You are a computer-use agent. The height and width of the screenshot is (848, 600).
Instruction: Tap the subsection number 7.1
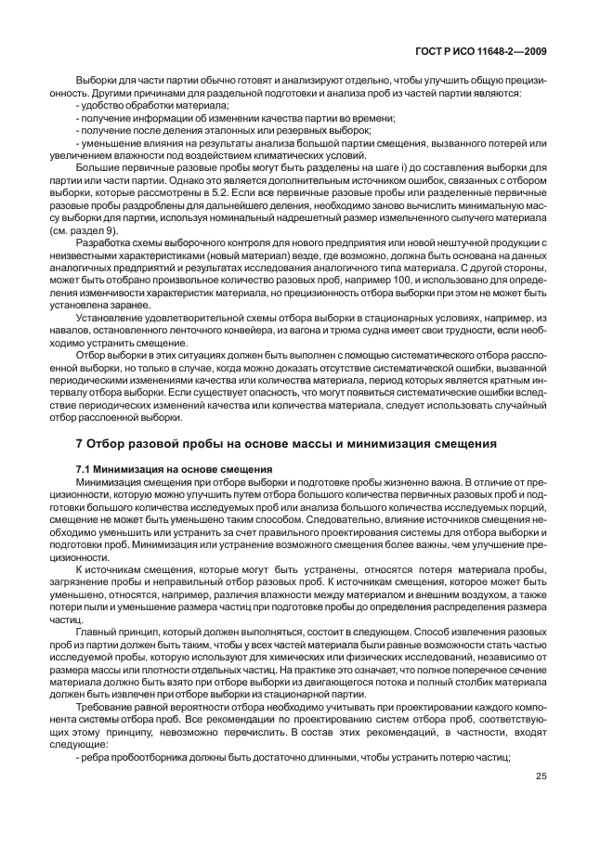85,469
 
